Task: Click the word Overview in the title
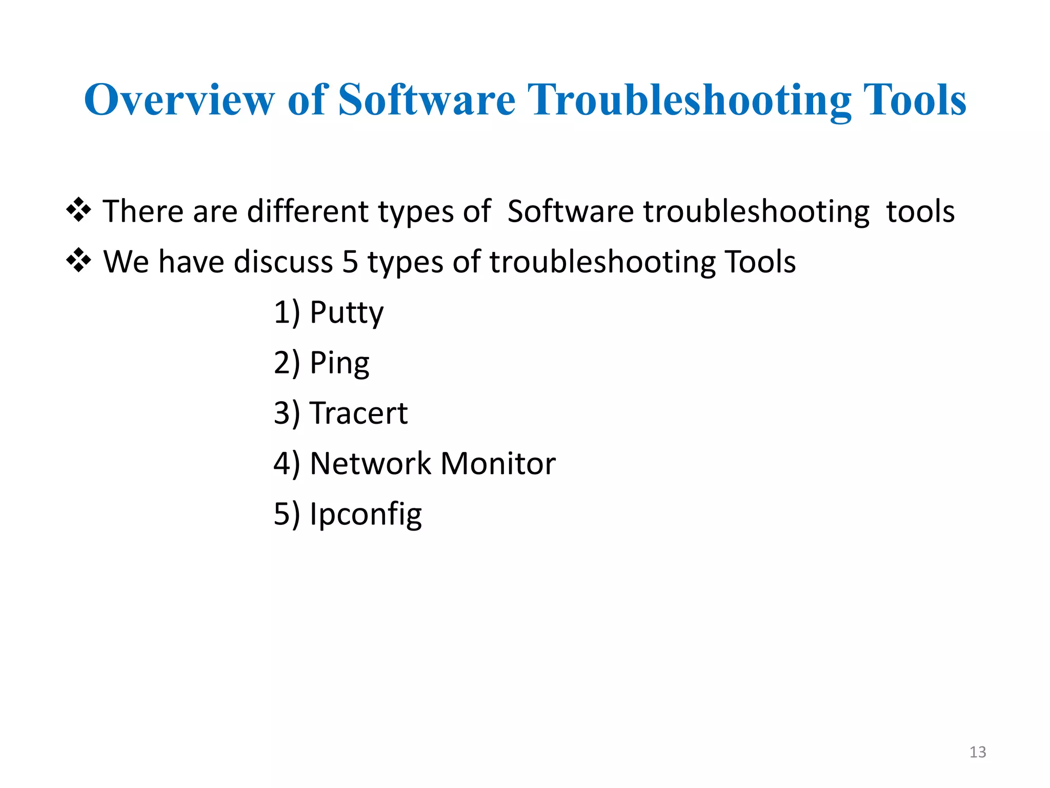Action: tap(179, 100)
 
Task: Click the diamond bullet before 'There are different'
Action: tap(79, 210)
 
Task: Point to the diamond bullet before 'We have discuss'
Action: tap(79, 261)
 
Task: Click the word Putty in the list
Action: tap(347, 312)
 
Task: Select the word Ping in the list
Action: tap(339, 363)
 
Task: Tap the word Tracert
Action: tap(358, 413)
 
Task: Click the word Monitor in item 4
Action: tap(498, 463)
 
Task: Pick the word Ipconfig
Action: tap(366, 514)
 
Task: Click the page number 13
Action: tap(978, 752)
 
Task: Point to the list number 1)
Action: tap(287, 312)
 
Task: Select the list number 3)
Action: tap(287, 413)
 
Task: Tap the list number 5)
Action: tap(287, 514)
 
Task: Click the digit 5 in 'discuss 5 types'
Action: tap(350, 262)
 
